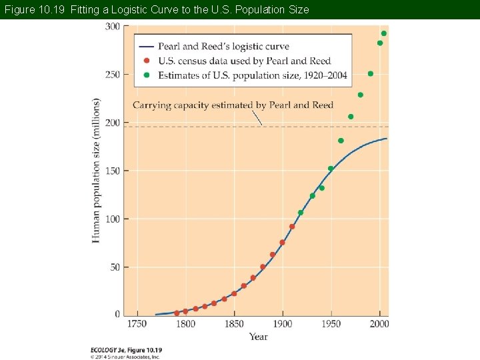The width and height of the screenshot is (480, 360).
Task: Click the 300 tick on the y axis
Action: (x=113, y=27)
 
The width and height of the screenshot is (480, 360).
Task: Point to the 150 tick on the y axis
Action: (x=113, y=171)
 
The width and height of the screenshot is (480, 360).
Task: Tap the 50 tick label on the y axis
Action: (x=115, y=267)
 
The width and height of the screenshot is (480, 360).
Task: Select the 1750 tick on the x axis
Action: (x=137, y=324)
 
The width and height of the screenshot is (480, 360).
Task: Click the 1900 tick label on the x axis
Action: (x=282, y=324)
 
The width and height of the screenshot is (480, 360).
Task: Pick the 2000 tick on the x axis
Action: (x=379, y=324)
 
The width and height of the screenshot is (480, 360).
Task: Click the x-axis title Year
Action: (x=259, y=337)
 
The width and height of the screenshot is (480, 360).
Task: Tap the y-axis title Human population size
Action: (x=96, y=170)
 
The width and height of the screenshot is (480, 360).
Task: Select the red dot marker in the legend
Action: (x=146, y=61)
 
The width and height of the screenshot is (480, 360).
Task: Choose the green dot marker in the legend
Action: (x=146, y=75)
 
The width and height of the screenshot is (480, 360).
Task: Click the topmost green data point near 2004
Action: (x=383, y=33)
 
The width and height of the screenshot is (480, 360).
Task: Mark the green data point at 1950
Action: (x=331, y=169)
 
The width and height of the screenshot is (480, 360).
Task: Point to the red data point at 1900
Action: (x=282, y=243)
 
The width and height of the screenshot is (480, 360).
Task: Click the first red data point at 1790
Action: (x=177, y=313)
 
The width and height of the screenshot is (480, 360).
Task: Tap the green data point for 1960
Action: (x=341, y=141)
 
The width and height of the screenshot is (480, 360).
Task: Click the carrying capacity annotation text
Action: (x=233, y=105)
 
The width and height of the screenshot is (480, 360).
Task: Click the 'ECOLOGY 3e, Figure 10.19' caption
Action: (x=126, y=349)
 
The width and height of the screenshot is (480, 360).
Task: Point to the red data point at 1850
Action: (x=234, y=293)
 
